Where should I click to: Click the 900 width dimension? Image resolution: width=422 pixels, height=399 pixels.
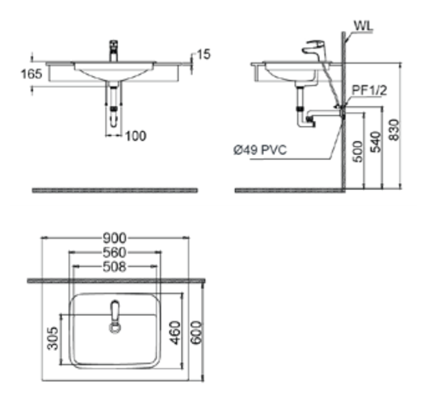tap(114, 238)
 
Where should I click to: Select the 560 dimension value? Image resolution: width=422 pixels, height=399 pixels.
tap(114, 253)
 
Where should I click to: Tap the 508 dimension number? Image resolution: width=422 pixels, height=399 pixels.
tap(114, 267)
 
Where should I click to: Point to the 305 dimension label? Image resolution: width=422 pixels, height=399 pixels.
tap(52, 339)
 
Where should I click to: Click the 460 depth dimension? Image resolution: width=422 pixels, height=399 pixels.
tap(175, 332)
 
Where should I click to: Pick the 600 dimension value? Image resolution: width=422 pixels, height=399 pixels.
tap(195, 332)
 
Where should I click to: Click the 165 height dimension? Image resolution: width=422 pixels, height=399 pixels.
tap(32, 74)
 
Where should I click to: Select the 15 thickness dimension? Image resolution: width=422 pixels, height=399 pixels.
tap(204, 54)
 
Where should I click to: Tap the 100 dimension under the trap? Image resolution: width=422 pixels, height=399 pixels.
tap(136, 136)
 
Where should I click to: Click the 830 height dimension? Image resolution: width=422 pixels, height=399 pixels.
tap(394, 130)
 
